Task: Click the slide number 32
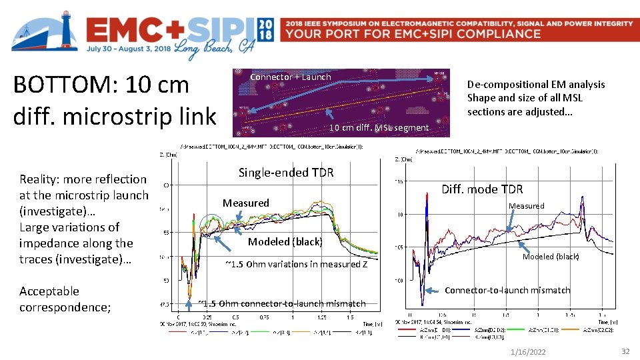coord(625,351)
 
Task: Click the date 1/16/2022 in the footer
coord(527,351)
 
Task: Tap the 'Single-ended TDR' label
coord(286,173)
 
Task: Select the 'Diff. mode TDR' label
coord(482,189)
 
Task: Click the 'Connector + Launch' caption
coord(290,77)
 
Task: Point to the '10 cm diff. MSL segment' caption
coord(379,127)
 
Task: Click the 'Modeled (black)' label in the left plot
coord(285,241)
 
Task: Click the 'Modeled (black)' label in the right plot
coord(551,257)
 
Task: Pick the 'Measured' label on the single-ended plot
coord(246,203)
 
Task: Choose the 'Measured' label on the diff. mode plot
coord(527,206)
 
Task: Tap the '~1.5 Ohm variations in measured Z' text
coord(297,264)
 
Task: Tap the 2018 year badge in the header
coord(265,29)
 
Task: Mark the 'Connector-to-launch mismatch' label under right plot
coord(507,290)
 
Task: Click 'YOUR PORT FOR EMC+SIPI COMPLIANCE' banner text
coord(413,34)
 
